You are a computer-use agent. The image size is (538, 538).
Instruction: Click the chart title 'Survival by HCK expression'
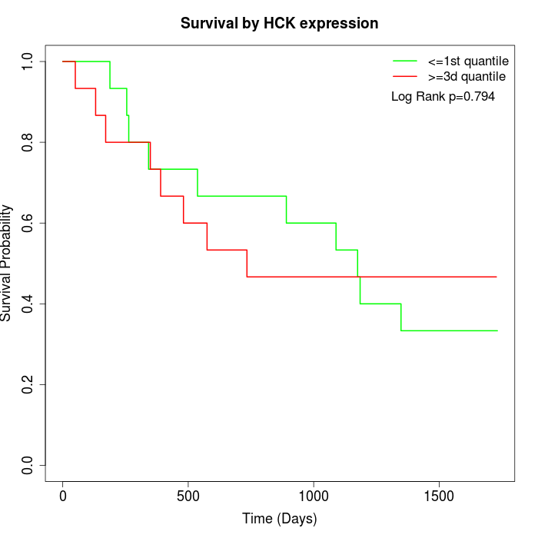point(279,24)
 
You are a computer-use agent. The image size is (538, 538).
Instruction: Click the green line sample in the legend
point(405,60)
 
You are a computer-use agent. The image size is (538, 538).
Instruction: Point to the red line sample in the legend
point(405,77)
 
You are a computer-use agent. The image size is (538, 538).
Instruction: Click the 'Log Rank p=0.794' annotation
point(443,97)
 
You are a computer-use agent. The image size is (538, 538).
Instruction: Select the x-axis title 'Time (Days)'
point(279,519)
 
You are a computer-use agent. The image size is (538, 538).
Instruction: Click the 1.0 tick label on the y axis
point(28,61)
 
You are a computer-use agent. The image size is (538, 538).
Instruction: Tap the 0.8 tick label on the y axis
point(28,142)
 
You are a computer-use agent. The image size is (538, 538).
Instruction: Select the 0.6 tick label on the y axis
point(28,223)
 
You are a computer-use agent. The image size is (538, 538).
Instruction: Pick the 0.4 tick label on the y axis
point(28,304)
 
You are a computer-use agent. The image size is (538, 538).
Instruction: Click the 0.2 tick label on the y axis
point(28,384)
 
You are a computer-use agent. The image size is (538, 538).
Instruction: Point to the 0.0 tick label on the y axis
point(28,465)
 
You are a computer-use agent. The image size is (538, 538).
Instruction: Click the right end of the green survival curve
point(496,330)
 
